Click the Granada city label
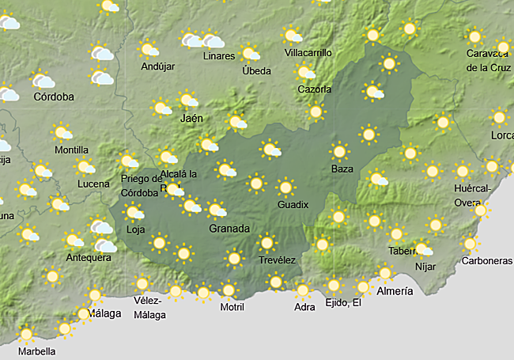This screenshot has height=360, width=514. tap(229, 229)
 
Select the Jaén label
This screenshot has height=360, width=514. tap(192, 118)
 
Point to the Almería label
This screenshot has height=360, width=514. tap(395, 291)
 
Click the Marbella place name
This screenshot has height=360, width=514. tap(36, 351)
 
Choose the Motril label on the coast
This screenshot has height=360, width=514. tap(232, 306)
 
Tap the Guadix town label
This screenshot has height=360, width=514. tap(293, 205)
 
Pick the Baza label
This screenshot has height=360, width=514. tap(342, 169)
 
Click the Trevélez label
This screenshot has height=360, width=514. tap(277, 260)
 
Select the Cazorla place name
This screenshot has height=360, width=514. tap(314, 89)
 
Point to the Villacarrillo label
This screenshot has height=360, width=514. tap(308, 53)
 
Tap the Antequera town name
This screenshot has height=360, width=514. tap(89, 258)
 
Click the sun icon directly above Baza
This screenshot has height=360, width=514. tap(340, 150)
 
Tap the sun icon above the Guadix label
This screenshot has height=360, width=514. tap(285, 188)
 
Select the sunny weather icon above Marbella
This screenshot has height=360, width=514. tap(27, 333)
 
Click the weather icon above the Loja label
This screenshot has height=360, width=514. tap(134, 212)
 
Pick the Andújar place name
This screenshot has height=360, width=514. tap(157, 66)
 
